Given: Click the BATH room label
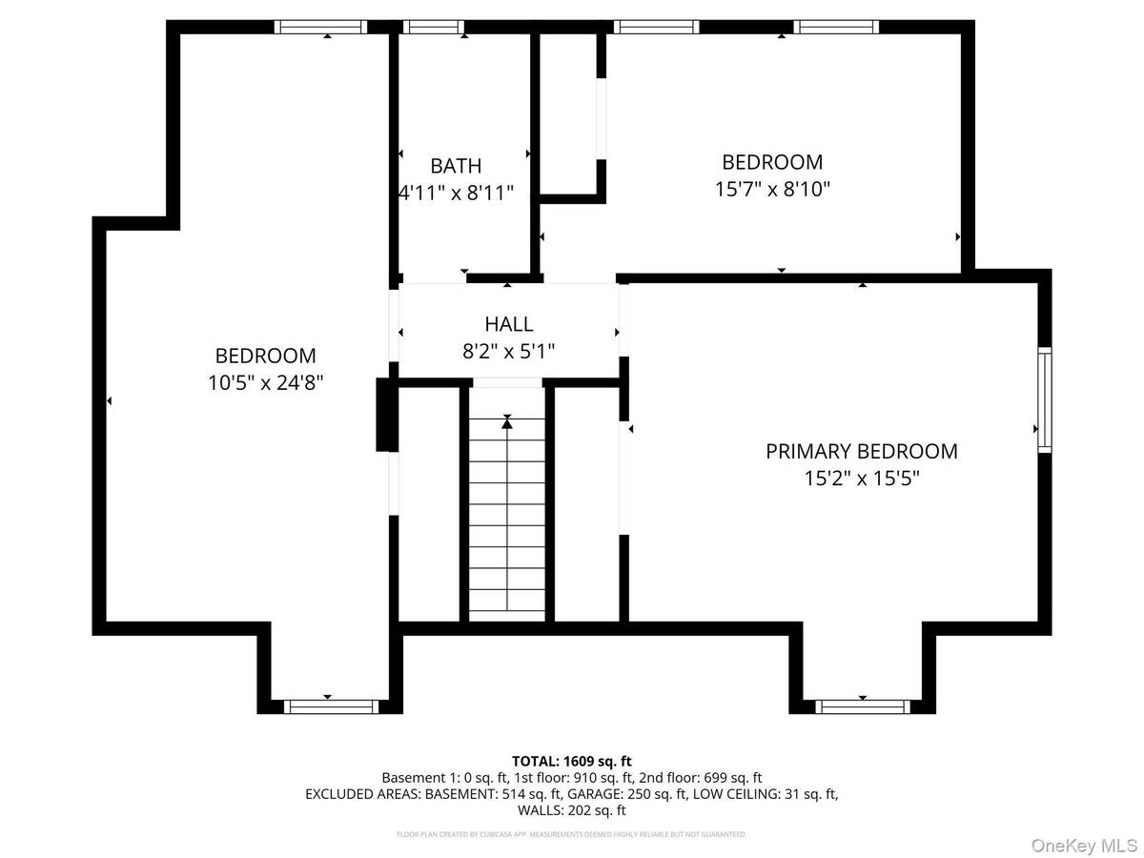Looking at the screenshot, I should click(x=456, y=166).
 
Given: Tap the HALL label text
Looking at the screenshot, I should click(x=508, y=324).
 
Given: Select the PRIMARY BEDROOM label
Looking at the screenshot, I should click(x=861, y=451).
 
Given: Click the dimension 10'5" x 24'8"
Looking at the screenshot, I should click(x=265, y=382).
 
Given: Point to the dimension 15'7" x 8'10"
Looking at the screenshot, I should click(x=772, y=189).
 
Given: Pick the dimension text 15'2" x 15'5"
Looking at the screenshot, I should click(x=861, y=479).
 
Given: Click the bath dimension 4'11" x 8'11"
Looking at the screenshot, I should click(x=456, y=193).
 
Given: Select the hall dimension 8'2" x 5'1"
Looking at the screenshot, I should click(x=508, y=351).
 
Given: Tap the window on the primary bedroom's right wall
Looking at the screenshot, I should click(x=1045, y=399).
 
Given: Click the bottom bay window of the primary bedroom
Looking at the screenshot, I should click(x=863, y=706).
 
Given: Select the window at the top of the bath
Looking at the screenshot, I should click(x=433, y=27).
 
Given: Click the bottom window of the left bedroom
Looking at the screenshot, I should click(x=331, y=706).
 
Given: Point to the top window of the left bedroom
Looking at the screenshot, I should click(x=320, y=27).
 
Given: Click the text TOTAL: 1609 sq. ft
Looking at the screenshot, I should click(x=571, y=761).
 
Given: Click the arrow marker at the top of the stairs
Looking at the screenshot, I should click(x=507, y=421).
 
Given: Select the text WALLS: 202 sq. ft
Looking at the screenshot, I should click(x=571, y=810).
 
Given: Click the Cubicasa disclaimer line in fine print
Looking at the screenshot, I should click(x=571, y=834).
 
